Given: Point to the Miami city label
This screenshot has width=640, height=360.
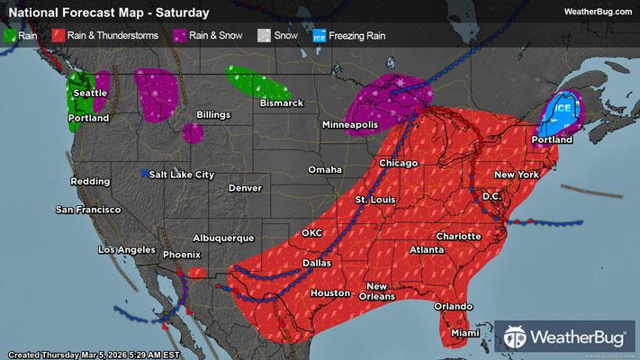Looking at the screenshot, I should [464, 333].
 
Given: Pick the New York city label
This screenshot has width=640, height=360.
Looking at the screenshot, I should [516, 174].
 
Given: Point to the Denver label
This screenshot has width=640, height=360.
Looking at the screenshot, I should [245, 189].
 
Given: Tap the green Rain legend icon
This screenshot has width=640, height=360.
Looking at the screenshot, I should [11, 36].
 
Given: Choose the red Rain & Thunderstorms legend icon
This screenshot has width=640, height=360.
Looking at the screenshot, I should [58, 36].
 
